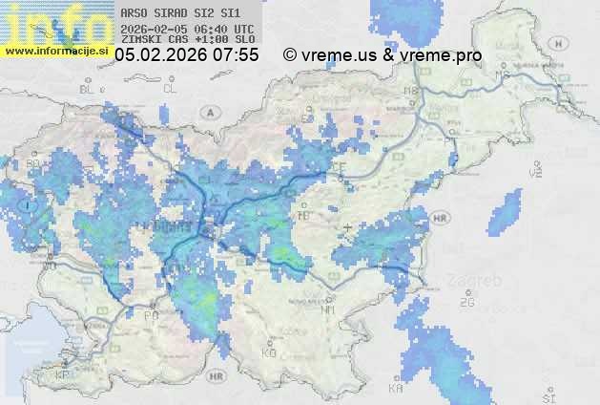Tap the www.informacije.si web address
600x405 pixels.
click(56, 51)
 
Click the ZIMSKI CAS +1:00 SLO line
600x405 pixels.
click(189, 40)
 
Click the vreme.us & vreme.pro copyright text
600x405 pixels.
click(382, 55)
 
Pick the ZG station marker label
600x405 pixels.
click(466, 303)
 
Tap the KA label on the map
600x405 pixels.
click(396, 389)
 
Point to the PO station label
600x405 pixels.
click(150, 314)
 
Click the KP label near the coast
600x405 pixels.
click(63, 375)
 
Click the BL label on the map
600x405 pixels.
click(89, 89)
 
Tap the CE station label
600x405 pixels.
click(339, 167)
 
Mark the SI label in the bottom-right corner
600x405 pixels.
click(548, 395)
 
